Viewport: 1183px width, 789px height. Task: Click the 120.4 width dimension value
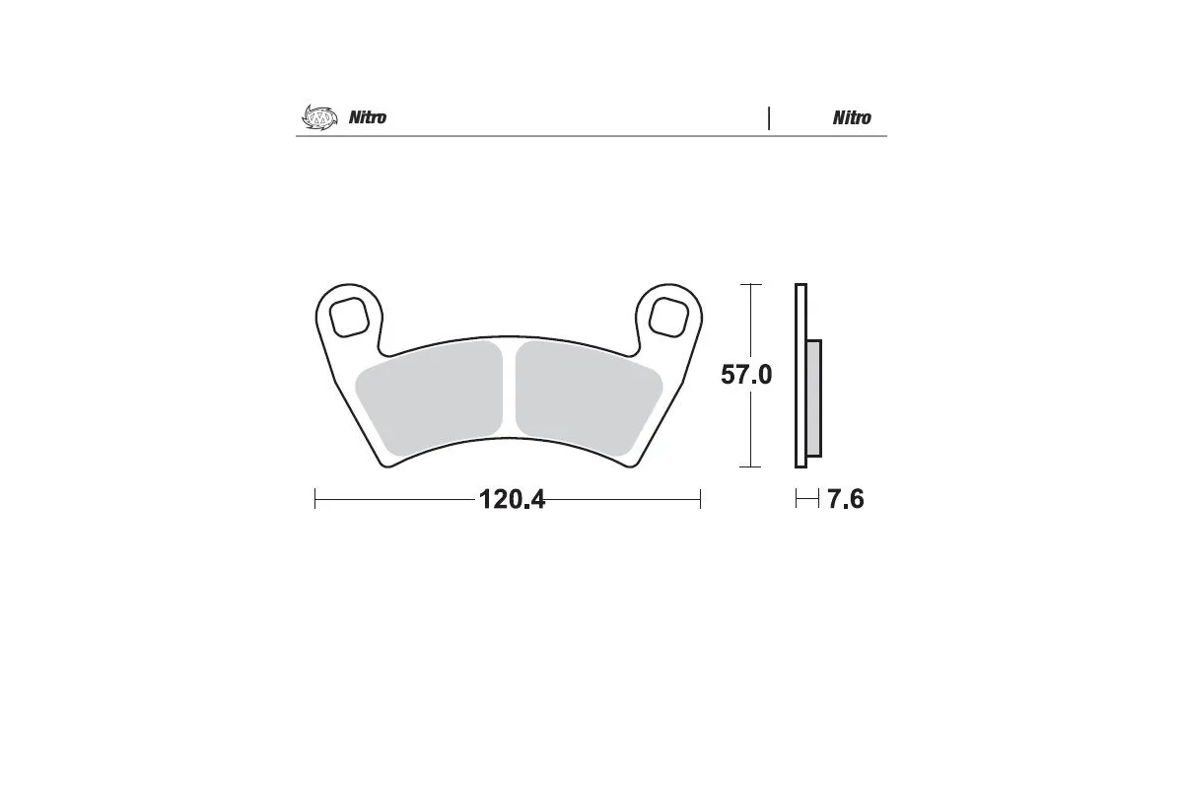click(x=511, y=500)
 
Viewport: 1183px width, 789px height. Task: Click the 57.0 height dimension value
click(x=745, y=375)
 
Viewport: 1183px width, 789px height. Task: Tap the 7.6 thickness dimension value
click(x=845, y=500)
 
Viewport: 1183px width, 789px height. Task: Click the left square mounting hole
click(x=351, y=318)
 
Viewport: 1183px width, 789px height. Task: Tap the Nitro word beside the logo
click(x=368, y=118)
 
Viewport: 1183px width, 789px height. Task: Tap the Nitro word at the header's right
click(x=852, y=118)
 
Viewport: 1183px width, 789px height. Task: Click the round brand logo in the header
click(x=318, y=117)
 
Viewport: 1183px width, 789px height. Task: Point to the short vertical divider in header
click(x=769, y=117)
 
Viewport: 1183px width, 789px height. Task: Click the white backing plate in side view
click(x=800, y=375)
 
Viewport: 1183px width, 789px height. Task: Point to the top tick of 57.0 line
click(x=751, y=284)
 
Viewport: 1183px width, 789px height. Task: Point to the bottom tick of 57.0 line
click(x=751, y=466)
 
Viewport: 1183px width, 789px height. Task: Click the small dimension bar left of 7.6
click(x=807, y=500)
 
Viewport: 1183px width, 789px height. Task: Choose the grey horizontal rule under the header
click(x=591, y=137)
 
